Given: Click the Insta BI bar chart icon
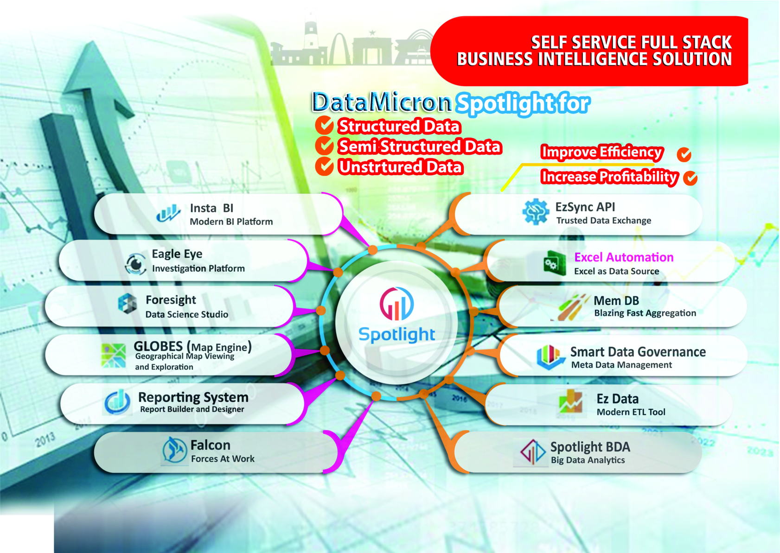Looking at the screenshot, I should point(168,213).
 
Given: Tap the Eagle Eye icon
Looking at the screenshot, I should point(135,263).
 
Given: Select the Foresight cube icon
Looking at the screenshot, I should point(127,304).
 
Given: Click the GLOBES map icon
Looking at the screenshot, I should point(113,355).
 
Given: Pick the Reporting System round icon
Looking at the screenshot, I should point(117,401).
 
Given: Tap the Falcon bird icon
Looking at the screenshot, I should point(174,450).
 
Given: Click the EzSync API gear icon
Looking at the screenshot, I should point(536,212).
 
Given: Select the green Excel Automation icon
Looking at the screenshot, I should point(555,263).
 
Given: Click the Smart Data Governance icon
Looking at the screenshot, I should point(550,357).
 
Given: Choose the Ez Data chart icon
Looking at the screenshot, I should point(571,401).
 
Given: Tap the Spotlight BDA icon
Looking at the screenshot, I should point(532,451).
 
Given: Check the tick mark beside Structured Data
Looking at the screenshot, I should point(324,125).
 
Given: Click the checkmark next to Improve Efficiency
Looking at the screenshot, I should point(684,154).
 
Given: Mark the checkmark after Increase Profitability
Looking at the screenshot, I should point(690,178).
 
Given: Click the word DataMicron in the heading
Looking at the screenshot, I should point(382,102).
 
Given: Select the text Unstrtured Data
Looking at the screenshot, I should point(400,167).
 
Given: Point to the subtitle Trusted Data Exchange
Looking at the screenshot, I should point(603,221).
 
